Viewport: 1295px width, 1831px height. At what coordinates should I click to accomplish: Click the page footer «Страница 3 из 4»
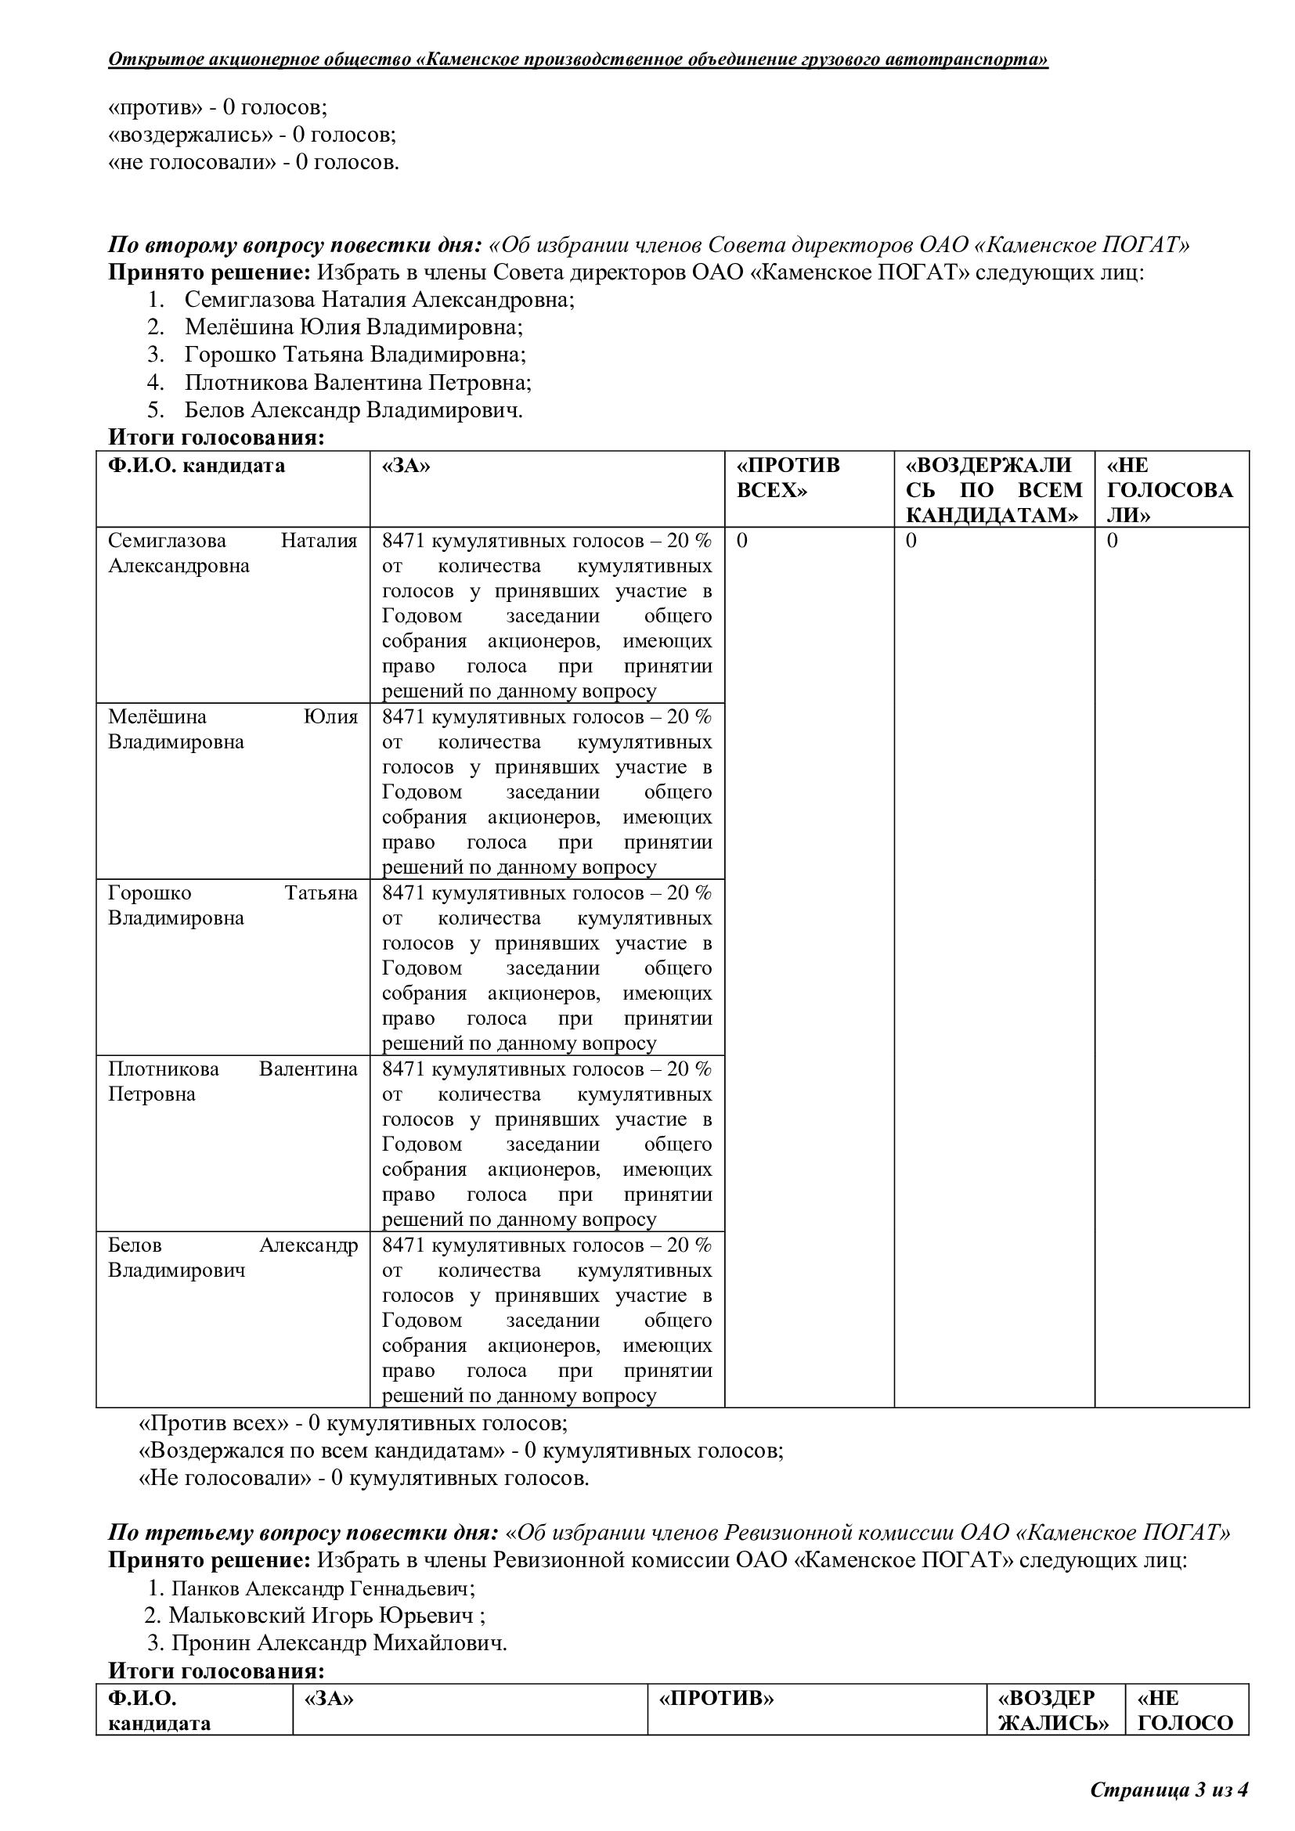1168,1790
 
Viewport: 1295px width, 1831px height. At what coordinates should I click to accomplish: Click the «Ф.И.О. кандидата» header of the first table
197,466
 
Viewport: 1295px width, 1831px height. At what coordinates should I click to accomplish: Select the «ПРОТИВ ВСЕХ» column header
788,478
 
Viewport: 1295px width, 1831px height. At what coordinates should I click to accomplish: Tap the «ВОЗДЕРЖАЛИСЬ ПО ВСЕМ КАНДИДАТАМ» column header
994,489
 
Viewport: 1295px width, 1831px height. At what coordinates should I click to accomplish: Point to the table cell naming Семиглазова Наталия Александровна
232,553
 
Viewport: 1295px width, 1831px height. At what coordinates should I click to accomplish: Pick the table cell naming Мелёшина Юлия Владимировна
232,729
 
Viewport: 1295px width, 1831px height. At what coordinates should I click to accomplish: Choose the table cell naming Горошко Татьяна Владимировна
232,905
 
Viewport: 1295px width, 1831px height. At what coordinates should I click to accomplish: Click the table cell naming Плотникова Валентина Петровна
232,1081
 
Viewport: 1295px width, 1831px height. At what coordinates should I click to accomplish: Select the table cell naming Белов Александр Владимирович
232,1258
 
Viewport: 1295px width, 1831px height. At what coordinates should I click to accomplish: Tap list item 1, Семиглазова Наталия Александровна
379,300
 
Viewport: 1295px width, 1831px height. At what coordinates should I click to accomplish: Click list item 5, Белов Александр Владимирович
353,410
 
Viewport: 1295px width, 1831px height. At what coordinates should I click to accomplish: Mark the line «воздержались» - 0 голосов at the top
252,135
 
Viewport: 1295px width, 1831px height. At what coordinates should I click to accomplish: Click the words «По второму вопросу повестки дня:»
295,245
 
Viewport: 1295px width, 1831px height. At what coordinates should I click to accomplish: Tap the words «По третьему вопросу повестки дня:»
303,1533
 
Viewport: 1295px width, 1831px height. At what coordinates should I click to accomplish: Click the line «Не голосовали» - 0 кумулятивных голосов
363,1479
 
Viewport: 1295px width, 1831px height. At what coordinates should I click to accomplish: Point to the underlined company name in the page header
578,59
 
